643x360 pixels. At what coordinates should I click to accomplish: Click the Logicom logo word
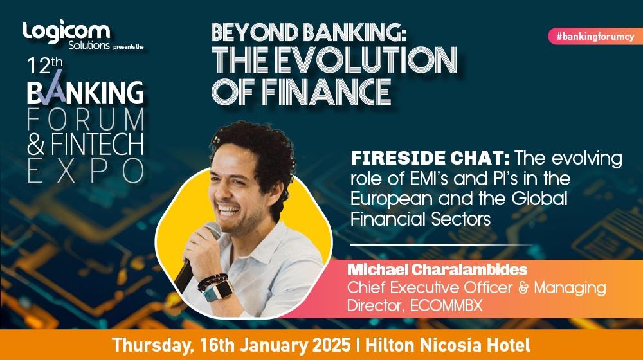(66, 31)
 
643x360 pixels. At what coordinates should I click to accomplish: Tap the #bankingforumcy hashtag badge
(595, 37)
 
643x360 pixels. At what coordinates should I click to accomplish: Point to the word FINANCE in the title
(326, 92)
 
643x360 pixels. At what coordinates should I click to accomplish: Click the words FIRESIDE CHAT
(430, 158)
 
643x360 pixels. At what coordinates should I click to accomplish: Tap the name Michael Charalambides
(437, 269)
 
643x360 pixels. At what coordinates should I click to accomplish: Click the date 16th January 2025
(275, 345)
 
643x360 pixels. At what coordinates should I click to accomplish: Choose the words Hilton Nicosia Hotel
(448, 345)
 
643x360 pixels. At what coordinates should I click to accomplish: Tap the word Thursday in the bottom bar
(152, 345)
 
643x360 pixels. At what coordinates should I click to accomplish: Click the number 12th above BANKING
(45, 66)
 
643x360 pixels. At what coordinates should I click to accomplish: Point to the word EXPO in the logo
(86, 170)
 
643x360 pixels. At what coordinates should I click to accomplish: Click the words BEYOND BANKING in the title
(308, 33)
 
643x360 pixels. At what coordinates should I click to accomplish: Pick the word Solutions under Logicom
(89, 45)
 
